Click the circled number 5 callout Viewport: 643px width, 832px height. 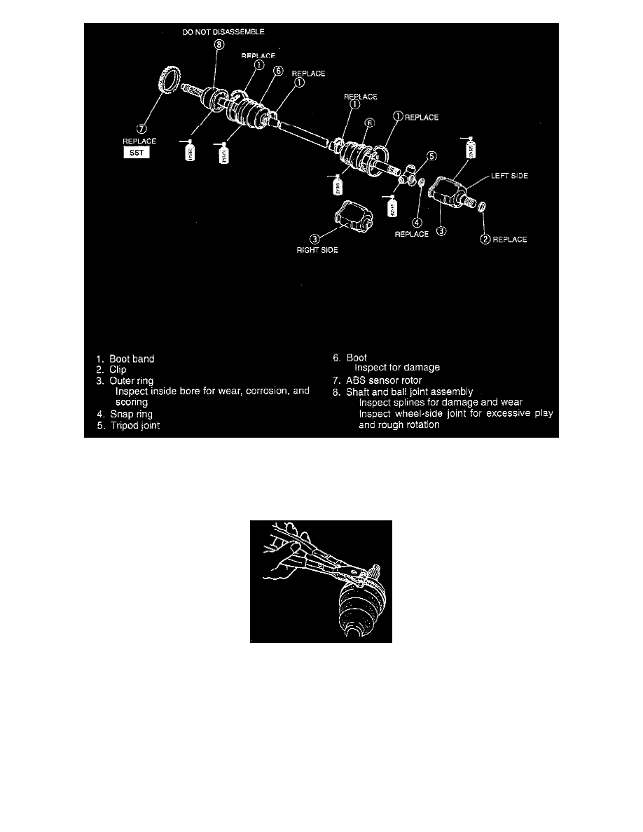pyautogui.click(x=432, y=156)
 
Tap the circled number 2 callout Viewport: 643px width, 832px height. pyautogui.click(x=484, y=240)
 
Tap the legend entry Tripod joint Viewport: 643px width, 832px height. pyautogui.click(x=134, y=425)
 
